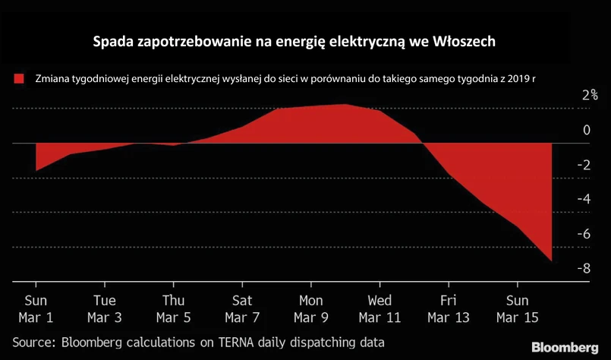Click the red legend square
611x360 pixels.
coord(19,78)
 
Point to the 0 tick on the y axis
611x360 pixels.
coord(585,131)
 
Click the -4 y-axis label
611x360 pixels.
coord(582,200)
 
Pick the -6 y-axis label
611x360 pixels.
coord(582,235)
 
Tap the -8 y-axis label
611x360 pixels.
coord(582,269)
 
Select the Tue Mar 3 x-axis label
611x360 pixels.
coord(104,308)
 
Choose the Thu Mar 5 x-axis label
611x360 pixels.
coord(174,308)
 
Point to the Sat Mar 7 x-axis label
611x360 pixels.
coord(242,308)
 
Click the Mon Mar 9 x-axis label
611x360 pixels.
coord(311,308)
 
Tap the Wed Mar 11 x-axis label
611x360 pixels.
coord(380,308)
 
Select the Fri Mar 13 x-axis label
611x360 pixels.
coord(449,308)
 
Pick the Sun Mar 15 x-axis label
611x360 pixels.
coord(518,308)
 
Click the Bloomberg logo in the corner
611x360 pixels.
coord(564,347)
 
